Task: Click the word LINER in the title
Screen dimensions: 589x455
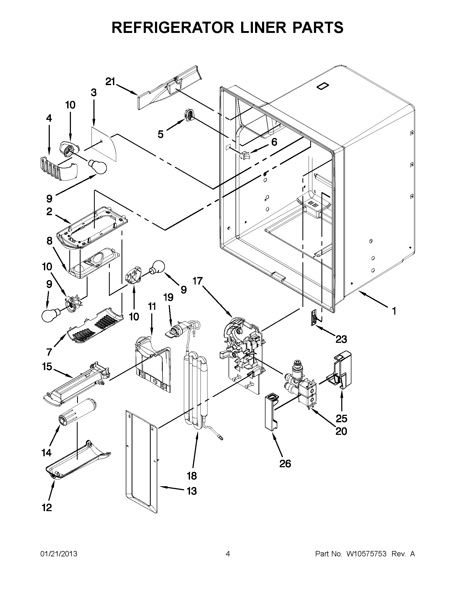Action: (248, 27)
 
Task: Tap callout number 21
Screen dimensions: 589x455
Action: (110, 81)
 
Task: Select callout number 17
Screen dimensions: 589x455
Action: (198, 281)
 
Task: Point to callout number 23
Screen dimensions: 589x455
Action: (341, 339)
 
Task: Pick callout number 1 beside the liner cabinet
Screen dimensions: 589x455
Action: (394, 311)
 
